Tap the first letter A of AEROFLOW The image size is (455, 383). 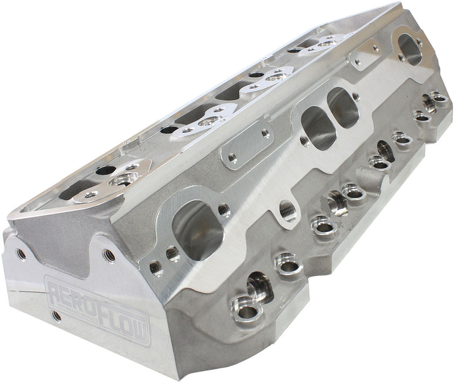54,287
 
